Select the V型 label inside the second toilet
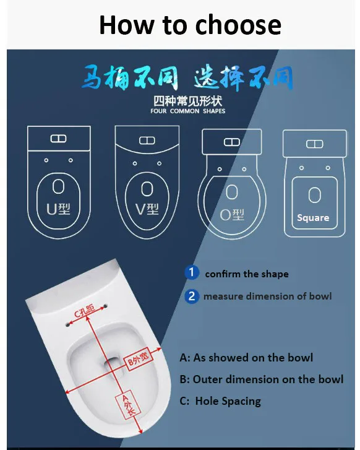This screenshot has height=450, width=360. [x=147, y=209]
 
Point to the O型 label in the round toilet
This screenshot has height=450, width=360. [x=233, y=214]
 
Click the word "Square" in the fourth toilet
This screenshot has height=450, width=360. [x=313, y=218]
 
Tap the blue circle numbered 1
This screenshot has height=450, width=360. [x=192, y=272]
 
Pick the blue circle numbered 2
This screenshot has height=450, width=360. [x=192, y=296]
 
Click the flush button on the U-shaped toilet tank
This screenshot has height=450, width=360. [x=58, y=139]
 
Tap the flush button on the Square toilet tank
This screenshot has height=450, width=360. [x=314, y=144]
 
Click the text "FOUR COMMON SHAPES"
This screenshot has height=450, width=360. [x=188, y=111]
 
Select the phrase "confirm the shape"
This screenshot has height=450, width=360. [x=247, y=274]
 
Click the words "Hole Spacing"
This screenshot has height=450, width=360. [x=228, y=401]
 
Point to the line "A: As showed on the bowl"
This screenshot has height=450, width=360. [x=246, y=357]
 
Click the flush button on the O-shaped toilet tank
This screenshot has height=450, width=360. [x=231, y=142]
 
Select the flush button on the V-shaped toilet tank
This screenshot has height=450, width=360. [x=147, y=141]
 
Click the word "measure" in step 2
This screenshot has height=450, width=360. [x=223, y=296]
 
